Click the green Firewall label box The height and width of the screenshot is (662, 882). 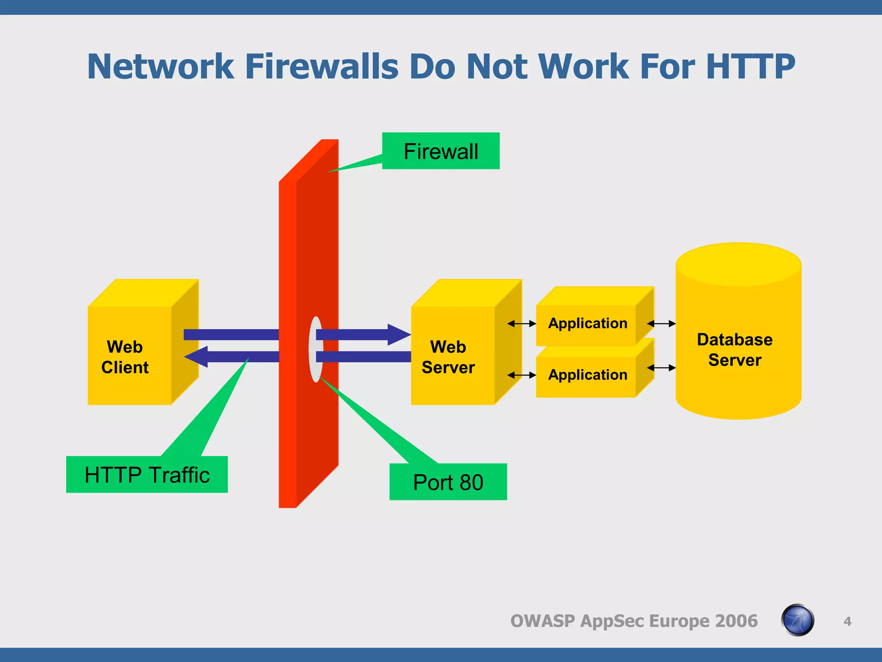click(x=441, y=151)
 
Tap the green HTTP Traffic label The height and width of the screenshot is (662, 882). click(x=147, y=475)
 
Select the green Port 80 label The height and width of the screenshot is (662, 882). click(x=448, y=482)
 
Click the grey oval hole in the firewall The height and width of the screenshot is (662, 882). click(x=316, y=349)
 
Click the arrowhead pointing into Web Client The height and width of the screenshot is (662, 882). click(x=196, y=357)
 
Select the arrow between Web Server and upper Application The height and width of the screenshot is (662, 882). click(x=522, y=324)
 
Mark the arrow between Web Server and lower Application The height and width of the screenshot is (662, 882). click(x=522, y=375)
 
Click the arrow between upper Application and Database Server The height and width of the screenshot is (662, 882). click(x=661, y=324)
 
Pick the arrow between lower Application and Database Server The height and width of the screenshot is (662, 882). click(x=661, y=368)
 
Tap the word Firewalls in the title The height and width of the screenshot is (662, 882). click(x=322, y=67)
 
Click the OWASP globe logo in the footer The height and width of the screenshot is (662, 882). click(x=798, y=620)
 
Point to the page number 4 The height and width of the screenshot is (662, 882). click(x=847, y=621)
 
